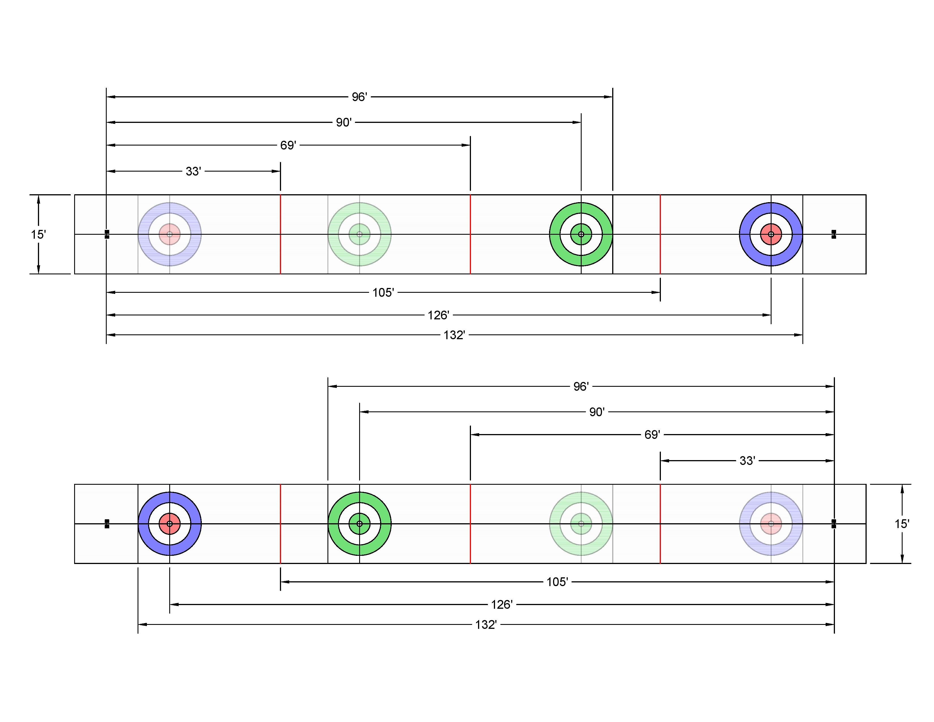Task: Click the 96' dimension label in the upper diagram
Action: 359,97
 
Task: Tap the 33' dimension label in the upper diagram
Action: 193,172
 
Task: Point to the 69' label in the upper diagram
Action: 288,146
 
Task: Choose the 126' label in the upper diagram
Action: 438,315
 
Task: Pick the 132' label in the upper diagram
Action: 454,335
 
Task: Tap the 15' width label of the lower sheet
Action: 902,524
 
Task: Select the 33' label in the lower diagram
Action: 747,461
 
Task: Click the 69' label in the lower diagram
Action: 652,435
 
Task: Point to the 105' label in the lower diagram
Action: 557,582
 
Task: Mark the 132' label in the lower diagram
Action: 486,625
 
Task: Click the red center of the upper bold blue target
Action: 771,234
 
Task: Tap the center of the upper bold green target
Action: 581,234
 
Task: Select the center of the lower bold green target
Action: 360,524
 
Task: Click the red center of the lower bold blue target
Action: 170,524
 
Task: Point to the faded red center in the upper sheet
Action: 170,234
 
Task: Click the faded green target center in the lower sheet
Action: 581,524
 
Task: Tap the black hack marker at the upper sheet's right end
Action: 834,234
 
